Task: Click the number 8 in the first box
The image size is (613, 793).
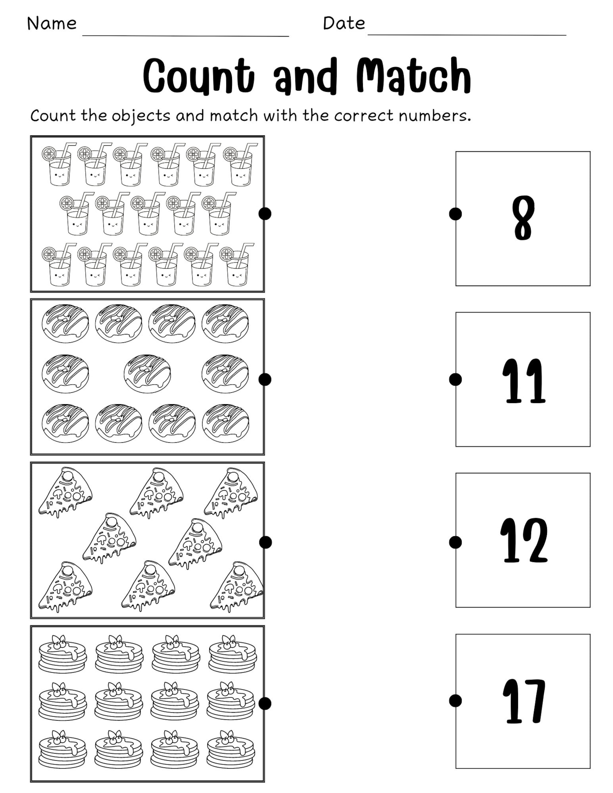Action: [523, 218]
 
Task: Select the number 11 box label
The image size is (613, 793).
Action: [523, 381]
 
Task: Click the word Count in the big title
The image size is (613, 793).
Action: [199, 76]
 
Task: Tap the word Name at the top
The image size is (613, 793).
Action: [52, 24]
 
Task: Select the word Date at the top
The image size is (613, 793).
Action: [344, 24]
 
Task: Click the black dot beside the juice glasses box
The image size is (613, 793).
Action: [265, 213]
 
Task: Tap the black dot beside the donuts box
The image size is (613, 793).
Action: [265, 379]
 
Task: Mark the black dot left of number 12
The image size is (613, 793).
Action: [456, 542]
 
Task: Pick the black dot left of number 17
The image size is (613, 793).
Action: [456, 700]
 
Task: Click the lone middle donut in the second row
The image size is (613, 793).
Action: [147, 374]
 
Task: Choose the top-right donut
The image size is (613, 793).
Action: [225, 323]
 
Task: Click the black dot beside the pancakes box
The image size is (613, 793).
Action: [265, 704]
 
